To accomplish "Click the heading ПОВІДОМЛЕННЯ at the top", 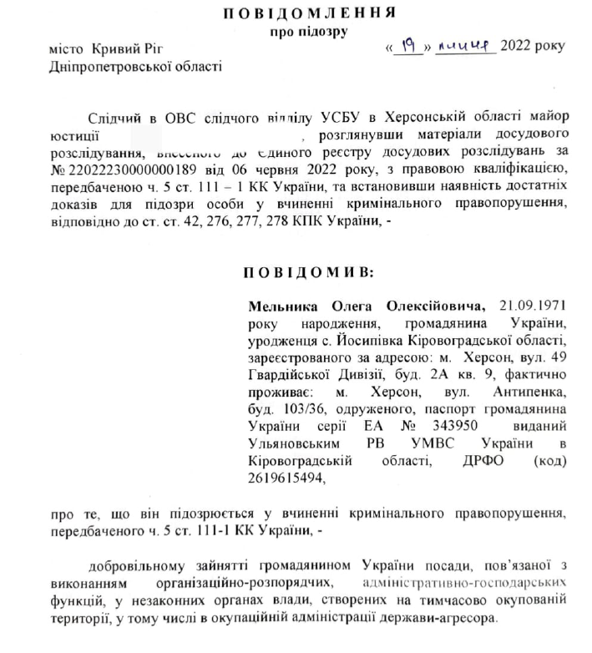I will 308,13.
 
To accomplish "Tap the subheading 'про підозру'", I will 308,31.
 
